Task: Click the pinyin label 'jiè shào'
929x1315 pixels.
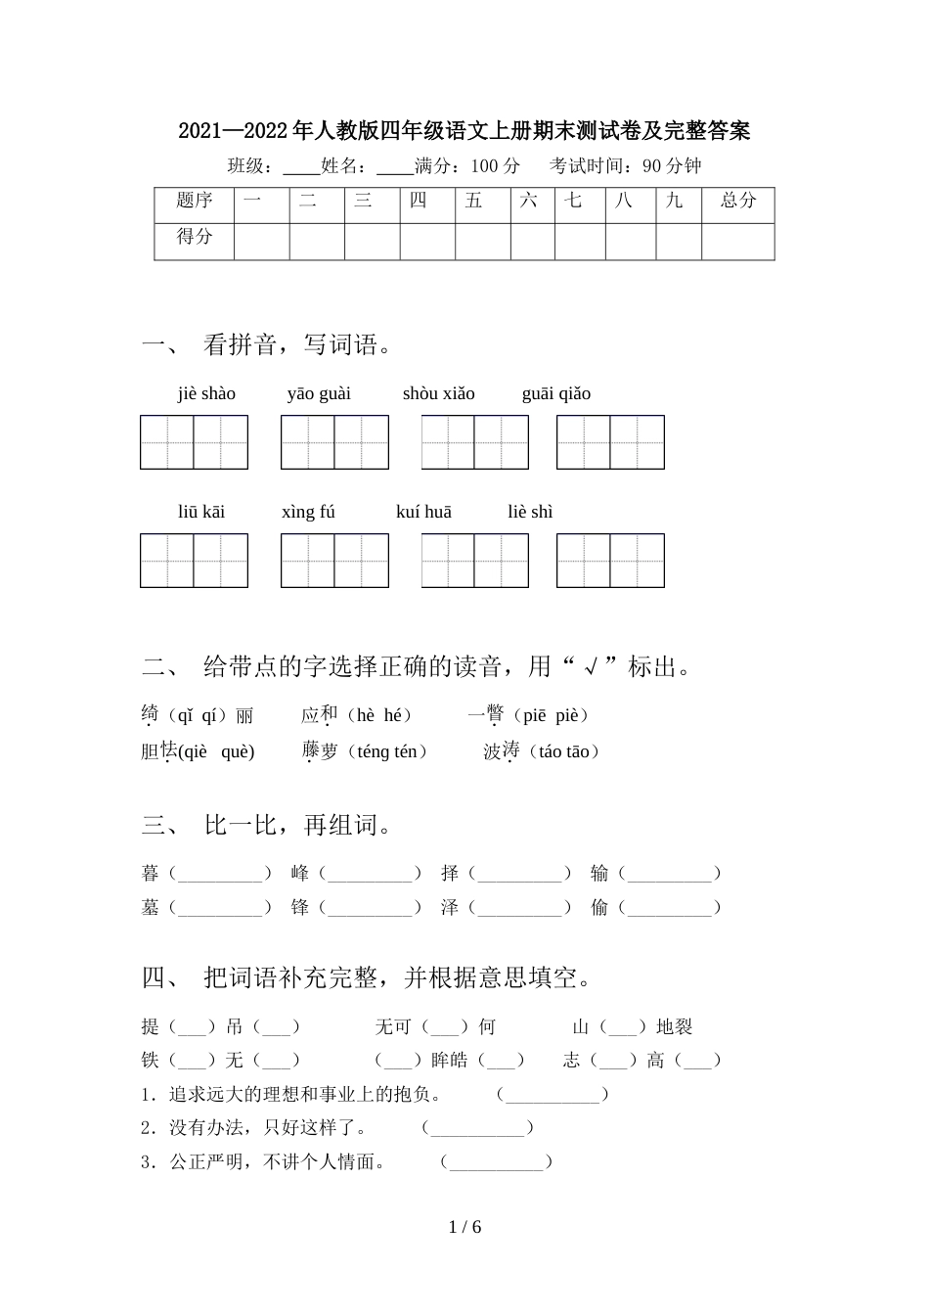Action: [206, 393]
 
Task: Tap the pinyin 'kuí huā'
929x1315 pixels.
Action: [423, 512]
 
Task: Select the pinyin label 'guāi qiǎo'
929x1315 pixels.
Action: [555, 393]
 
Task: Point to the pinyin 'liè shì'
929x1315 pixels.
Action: [530, 512]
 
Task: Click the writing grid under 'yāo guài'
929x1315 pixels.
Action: [334, 442]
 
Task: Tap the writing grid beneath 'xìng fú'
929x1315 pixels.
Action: [334, 561]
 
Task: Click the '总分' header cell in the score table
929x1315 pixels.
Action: [738, 201]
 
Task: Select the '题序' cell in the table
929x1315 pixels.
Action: [194, 201]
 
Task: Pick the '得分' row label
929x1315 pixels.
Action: [194, 236]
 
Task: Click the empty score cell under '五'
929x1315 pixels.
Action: [482, 241]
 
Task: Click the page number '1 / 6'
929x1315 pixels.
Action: [464, 1227]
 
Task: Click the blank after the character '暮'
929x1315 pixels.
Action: [220, 874]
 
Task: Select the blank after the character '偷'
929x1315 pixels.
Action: [670, 908]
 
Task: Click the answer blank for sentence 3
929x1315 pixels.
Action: [497, 1162]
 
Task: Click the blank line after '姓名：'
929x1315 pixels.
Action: [394, 166]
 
